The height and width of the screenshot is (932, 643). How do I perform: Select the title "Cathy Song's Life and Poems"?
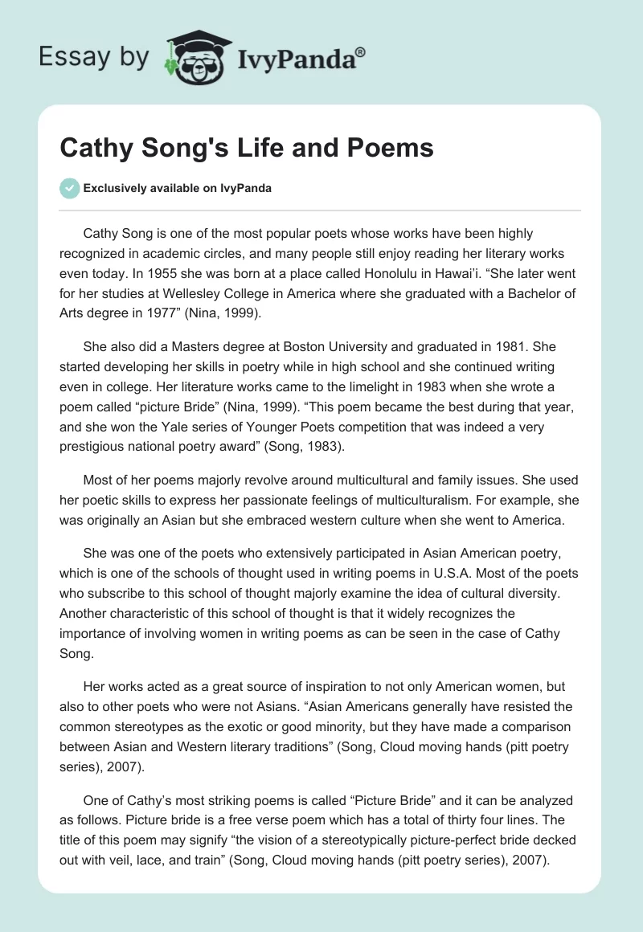[247, 149]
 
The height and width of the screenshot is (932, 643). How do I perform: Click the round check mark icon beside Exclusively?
[69, 188]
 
